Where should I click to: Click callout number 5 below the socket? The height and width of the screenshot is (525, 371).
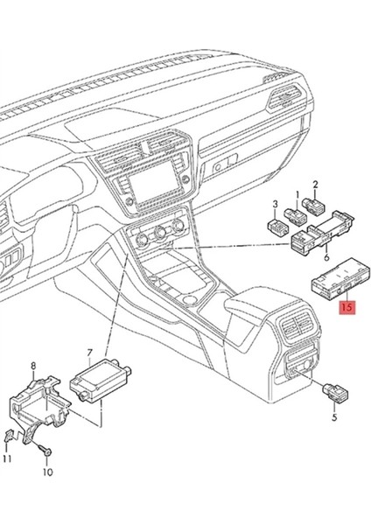pyautogui.click(x=333, y=419)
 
